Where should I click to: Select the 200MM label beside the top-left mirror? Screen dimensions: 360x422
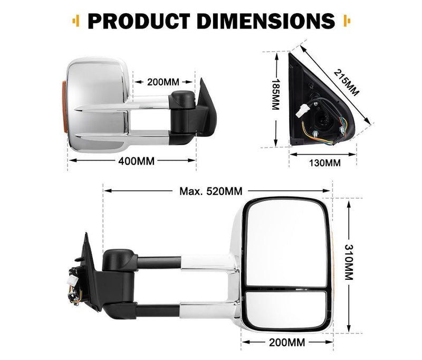coord(163,82)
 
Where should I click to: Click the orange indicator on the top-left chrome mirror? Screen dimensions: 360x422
coord(64,108)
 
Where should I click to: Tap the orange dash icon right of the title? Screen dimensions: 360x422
coord(347,21)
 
